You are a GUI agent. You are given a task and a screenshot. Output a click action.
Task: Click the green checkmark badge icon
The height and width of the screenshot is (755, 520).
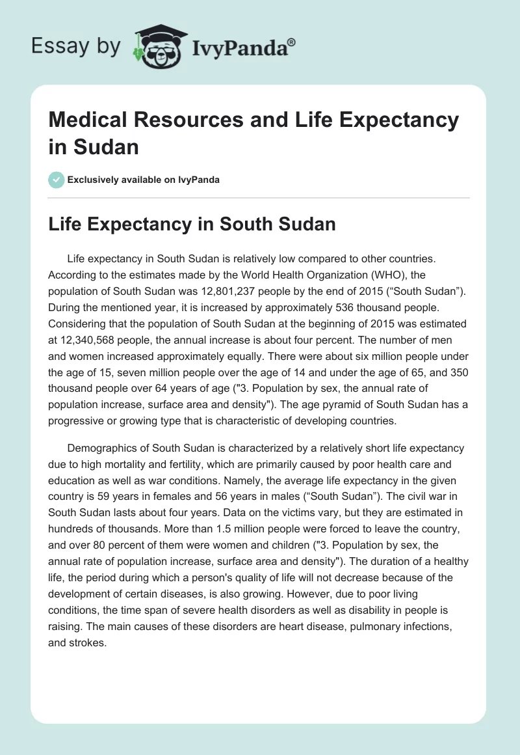57,180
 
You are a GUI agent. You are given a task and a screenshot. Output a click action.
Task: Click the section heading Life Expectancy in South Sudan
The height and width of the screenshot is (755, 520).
192,225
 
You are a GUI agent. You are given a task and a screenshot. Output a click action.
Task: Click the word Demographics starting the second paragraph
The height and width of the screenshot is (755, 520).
102,448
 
